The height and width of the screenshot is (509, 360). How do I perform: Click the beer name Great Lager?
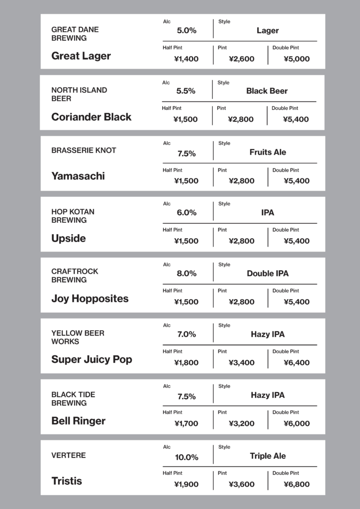tap(81, 56)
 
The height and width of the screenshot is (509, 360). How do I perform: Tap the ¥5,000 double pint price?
tap(296, 59)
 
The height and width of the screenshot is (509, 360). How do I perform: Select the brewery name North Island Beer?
tap(79, 94)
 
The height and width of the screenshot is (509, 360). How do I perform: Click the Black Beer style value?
tap(267, 91)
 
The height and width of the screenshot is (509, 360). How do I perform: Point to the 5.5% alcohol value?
tap(186, 91)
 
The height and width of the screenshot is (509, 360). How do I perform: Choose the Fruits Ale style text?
tap(268, 152)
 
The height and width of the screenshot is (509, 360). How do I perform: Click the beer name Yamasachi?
tap(78, 176)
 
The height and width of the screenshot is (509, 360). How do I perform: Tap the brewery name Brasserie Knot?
tap(84, 150)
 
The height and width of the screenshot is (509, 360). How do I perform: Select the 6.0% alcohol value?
tap(186, 213)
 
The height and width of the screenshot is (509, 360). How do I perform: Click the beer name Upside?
tap(69, 238)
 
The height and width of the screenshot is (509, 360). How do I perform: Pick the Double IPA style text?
tap(268, 273)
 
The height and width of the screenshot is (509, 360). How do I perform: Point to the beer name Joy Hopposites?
tap(90, 299)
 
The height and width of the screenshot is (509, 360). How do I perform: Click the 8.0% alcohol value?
tap(186, 273)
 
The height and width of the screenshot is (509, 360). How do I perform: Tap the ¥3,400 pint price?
tap(242, 363)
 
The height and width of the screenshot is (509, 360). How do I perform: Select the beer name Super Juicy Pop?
tap(91, 359)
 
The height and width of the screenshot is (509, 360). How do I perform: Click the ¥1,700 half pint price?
tap(186, 424)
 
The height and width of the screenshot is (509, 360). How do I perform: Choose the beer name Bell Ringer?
tap(79, 421)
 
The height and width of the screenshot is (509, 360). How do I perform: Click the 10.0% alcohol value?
tap(186, 457)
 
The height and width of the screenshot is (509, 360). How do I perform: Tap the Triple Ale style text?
tap(268, 456)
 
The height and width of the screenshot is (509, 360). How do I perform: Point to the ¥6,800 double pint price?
tap(296, 484)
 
